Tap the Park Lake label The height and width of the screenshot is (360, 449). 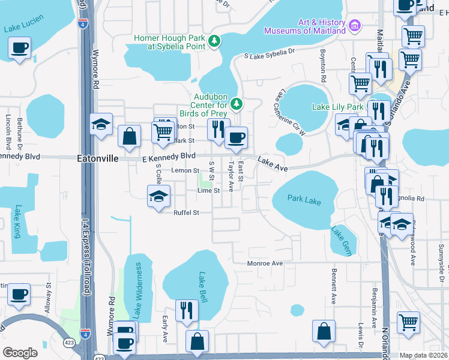click(x=304, y=200)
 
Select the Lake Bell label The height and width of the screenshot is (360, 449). click(x=203, y=287)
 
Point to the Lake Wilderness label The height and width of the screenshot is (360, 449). click(x=137, y=290)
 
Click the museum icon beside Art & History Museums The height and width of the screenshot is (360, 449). click(x=355, y=26)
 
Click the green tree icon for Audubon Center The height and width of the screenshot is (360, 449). click(x=237, y=104)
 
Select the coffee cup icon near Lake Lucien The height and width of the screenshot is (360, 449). click(x=20, y=47)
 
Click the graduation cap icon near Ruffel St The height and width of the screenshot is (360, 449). click(x=159, y=196)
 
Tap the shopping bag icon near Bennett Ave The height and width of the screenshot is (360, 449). click(x=324, y=331)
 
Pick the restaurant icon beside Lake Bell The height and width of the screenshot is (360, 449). click(x=187, y=310)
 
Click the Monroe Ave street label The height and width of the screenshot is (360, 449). click(x=265, y=263)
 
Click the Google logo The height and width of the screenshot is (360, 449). click(x=20, y=352)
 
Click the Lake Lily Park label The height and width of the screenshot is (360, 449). click(x=338, y=107)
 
